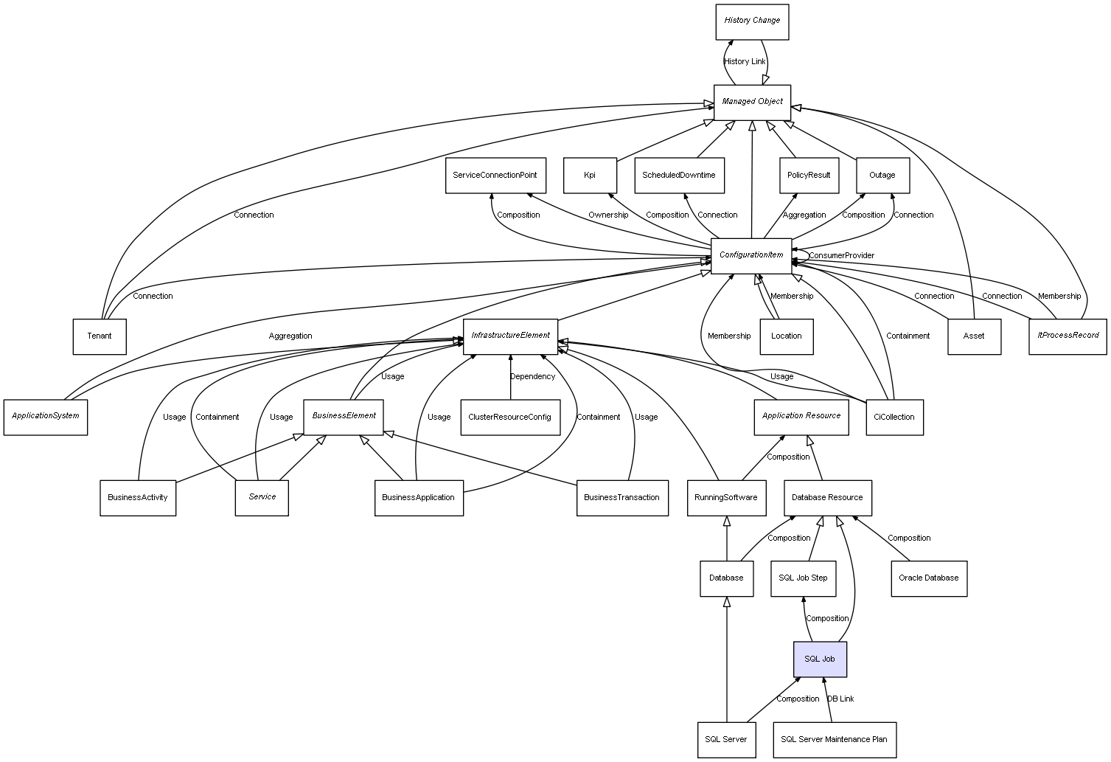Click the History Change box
[752, 21]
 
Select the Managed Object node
[752, 102]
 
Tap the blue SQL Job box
[820, 659]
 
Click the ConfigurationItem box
[751, 255]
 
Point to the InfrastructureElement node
[510, 336]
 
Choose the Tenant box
[100, 336]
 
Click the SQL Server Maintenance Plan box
[834, 739]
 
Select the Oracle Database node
[928, 578]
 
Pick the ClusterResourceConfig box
[509, 418]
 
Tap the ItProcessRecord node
[1068, 336]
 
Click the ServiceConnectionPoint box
[495, 176]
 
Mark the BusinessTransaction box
[621, 498]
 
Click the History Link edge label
[745, 62]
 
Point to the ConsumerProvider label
[841, 256]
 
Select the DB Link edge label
[840, 699]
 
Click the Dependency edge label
[532, 377]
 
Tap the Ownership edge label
[608, 215]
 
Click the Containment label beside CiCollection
[908, 336]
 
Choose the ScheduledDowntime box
[678, 176]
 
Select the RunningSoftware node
[726, 498]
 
